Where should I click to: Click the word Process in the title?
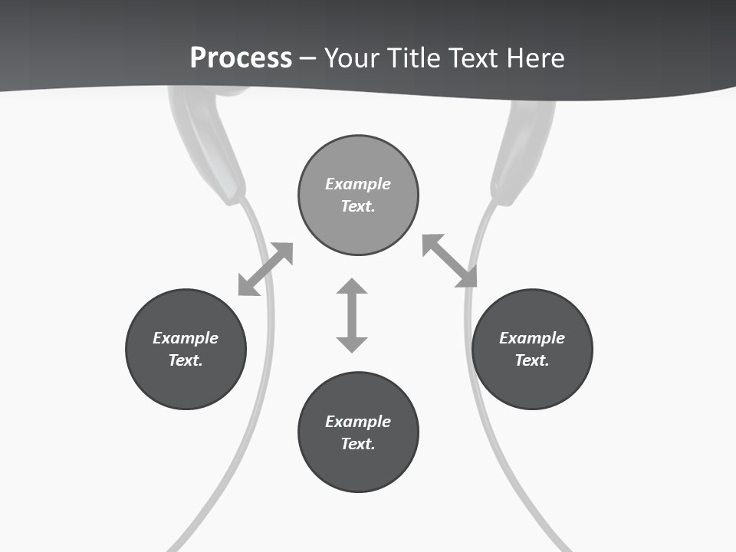point(241,58)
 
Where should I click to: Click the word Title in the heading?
point(412,58)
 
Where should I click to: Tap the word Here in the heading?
point(536,58)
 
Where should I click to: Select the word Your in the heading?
point(352,58)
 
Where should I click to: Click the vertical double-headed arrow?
point(352,315)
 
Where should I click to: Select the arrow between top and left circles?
point(265,269)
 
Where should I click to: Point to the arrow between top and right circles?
point(449,261)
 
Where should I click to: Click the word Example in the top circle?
point(358,184)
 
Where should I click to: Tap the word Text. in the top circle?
point(358,206)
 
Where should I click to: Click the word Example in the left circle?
point(186,338)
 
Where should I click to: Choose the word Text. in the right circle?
point(532,360)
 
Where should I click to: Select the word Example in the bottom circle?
point(358,422)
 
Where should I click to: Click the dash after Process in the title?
point(307,58)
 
